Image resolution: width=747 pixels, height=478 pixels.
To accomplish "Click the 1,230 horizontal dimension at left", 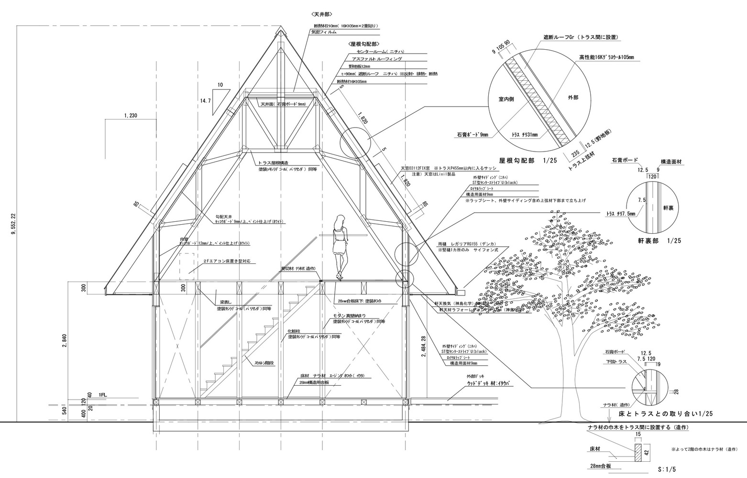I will coord(130,115).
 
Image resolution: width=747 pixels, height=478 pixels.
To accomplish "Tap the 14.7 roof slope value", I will coord(206,101).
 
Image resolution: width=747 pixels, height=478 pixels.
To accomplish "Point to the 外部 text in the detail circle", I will coord(572,97).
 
